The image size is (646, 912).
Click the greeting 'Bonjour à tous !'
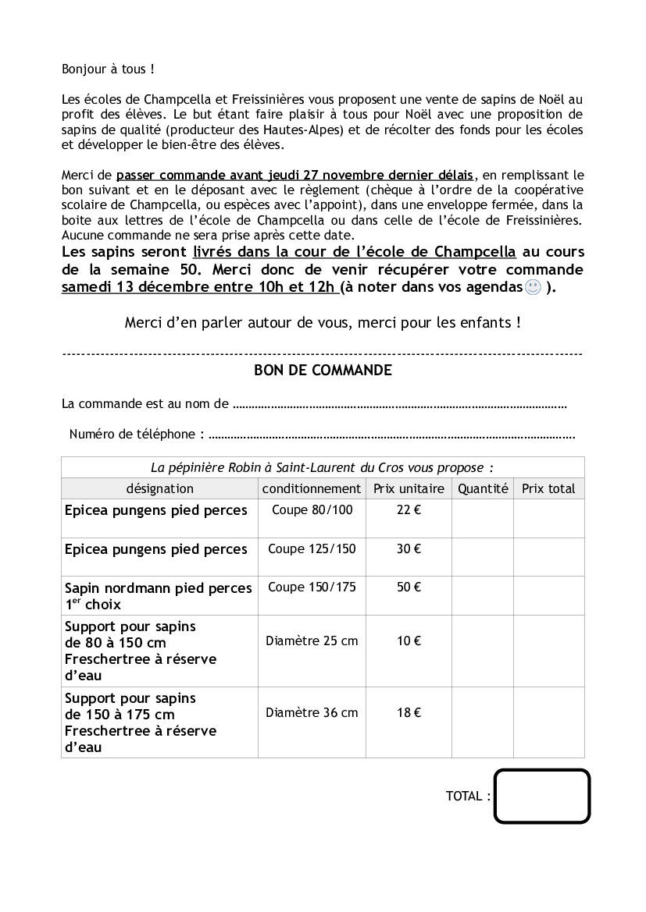point(108,69)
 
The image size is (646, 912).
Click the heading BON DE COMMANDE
point(323,371)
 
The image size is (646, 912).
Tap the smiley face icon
point(533,288)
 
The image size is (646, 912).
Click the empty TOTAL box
point(541,796)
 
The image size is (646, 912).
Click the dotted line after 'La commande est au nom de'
point(399,405)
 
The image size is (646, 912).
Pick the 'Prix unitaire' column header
point(409,489)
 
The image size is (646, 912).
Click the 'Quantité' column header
point(483,489)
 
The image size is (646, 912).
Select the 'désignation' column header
point(160,489)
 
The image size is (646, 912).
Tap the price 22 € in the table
point(409,510)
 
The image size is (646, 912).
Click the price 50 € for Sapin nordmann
point(409,587)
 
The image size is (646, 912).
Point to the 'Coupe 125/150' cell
point(312,549)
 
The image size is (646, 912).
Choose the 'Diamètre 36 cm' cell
point(312,712)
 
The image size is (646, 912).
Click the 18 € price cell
point(409,712)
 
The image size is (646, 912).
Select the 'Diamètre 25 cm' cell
point(312,641)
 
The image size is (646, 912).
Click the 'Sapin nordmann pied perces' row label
point(158,588)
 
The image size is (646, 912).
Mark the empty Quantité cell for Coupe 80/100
point(483,518)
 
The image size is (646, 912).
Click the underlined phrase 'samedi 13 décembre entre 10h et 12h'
point(199,287)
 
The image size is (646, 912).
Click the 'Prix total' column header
point(548,489)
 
